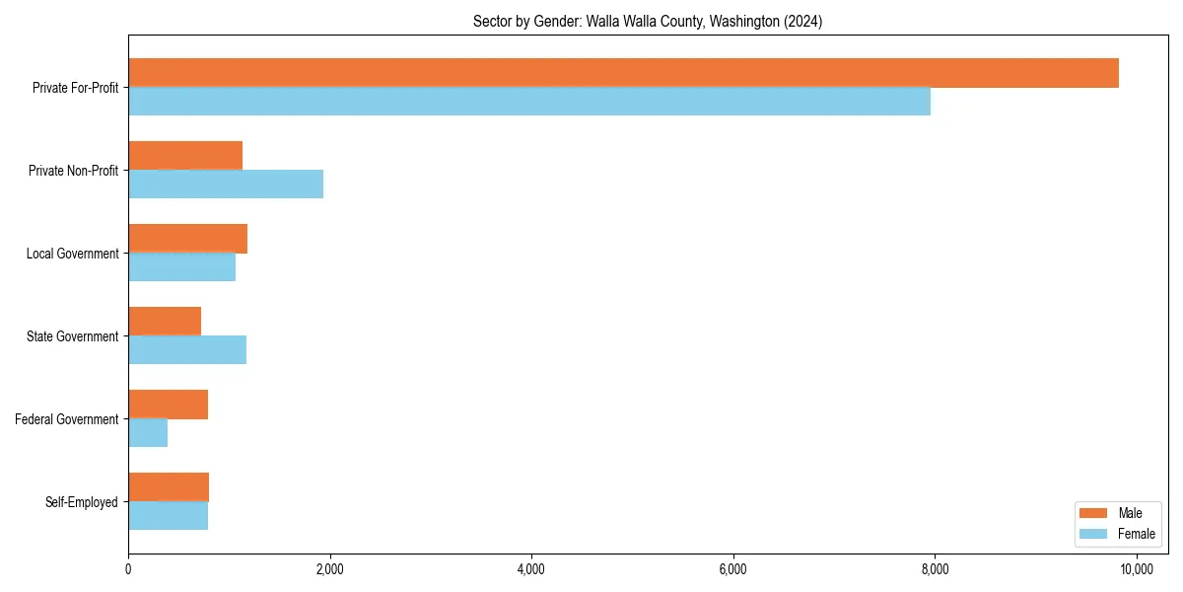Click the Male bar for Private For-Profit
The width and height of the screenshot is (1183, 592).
(x=623, y=73)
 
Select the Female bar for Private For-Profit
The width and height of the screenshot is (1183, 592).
(x=529, y=102)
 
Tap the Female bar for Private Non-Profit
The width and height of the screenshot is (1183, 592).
(x=226, y=185)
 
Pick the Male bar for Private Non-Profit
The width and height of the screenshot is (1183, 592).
(x=185, y=156)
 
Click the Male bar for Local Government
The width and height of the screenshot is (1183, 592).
(x=187, y=239)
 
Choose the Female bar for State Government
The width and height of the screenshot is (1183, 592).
(x=187, y=350)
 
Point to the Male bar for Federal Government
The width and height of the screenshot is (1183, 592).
(x=168, y=405)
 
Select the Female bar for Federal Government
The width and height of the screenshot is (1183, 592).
(x=148, y=433)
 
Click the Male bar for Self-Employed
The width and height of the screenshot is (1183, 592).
(x=169, y=487)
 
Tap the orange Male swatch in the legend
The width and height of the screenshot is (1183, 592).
(x=1094, y=513)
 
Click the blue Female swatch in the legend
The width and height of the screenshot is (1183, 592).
(x=1094, y=534)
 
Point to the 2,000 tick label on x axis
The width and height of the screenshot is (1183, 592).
(x=329, y=569)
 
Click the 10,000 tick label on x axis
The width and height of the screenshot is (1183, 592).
(x=1137, y=569)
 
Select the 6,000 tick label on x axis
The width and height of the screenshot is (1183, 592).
(x=732, y=569)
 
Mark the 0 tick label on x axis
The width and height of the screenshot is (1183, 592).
(x=128, y=569)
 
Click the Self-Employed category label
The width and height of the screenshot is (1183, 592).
(x=82, y=502)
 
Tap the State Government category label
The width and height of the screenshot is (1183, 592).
(x=73, y=336)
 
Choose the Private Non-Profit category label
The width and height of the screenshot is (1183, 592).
(x=74, y=171)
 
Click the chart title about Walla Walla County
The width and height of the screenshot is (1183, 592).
(x=648, y=21)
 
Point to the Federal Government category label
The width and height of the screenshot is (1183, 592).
(x=67, y=419)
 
